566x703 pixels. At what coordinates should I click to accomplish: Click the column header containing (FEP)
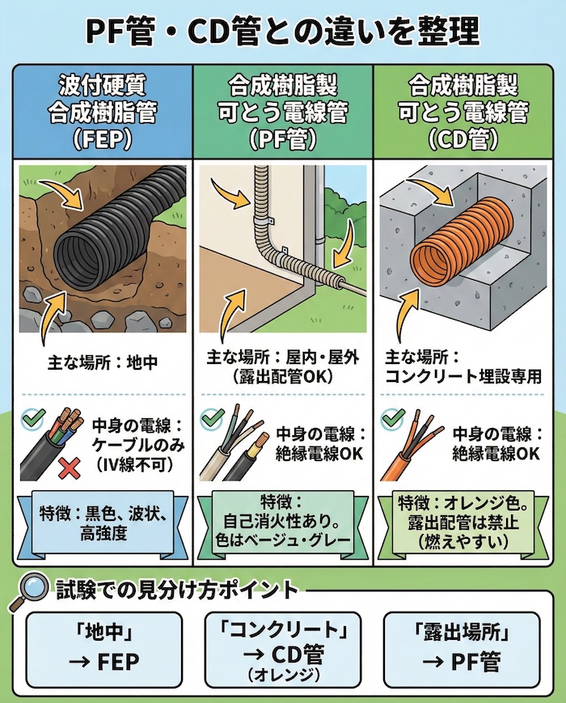tap(102, 111)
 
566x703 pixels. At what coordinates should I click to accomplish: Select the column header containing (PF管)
tap(282, 111)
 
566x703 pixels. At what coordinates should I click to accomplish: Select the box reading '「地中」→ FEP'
tap(102, 647)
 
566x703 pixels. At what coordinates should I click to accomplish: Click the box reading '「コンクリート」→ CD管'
tap(282, 647)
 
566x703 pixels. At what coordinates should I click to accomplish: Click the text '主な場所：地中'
tap(102, 363)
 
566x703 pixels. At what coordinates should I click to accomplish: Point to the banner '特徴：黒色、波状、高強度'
tap(102, 522)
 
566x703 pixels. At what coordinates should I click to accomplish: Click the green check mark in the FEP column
tap(33, 419)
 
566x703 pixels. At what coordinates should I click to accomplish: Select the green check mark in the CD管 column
tap(393, 418)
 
